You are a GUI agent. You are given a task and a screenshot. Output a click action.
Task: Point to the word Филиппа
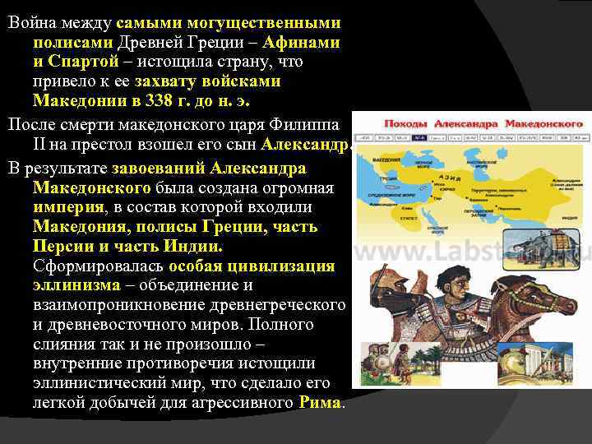(310, 125)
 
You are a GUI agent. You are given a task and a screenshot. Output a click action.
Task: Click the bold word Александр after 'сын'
(305, 146)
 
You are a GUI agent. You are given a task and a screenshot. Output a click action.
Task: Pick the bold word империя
(69, 206)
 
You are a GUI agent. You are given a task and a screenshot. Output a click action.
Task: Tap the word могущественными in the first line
(266, 21)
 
